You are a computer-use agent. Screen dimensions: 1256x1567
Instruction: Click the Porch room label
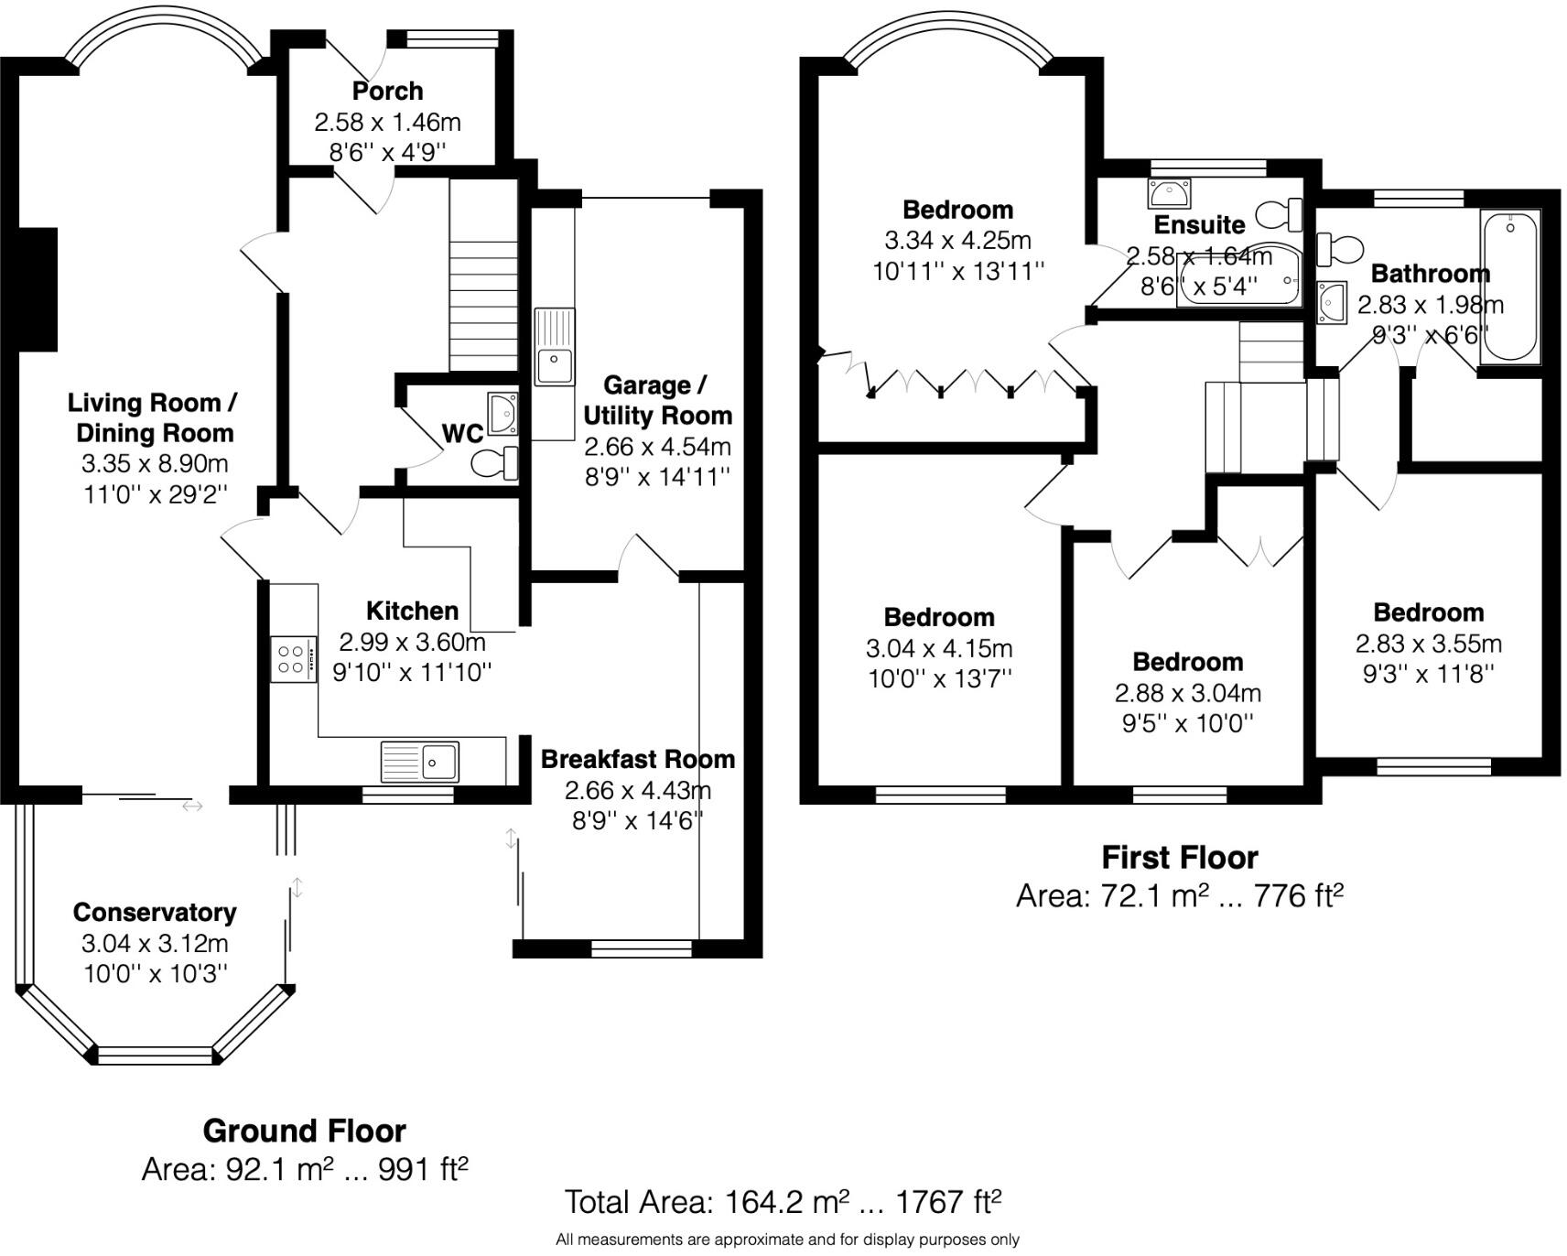pyautogui.click(x=387, y=91)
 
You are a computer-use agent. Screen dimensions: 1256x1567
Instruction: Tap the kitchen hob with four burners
pyautogui.click(x=293, y=659)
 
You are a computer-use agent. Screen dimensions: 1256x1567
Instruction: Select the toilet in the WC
pyautogui.click(x=495, y=463)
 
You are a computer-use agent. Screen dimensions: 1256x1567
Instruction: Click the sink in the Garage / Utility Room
pyautogui.click(x=555, y=365)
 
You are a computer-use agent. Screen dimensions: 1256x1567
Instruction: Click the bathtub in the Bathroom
pyautogui.click(x=1509, y=286)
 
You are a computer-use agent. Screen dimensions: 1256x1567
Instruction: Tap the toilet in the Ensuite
pyautogui.click(x=1281, y=215)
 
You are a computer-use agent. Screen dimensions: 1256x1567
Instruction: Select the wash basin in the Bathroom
pyautogui.click(x=1332, y=302)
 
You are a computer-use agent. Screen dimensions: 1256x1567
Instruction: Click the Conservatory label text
pyautogui.click(x=155, y=912)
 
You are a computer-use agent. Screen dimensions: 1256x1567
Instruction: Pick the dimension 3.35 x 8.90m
pyautogui.click(x=155, y=463)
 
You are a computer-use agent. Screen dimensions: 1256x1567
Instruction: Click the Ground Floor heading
pyautogui.click(x=304, y=1131)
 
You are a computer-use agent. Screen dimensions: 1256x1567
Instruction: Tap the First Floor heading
pyautogui.click(x=1179, y=858)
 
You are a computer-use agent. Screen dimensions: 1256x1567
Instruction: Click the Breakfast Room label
pyautogui.click(x=637, y=759)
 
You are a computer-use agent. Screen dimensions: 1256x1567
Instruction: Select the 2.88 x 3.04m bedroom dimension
pyautogui.click(x=1187, y=693)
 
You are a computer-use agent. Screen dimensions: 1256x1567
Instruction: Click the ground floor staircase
pyautogui.click(x=482, y=275)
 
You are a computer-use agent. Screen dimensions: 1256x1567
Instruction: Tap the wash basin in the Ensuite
pyautogui.click(x=1169, y=194)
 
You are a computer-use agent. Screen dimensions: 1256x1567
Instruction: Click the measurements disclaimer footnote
pyautogui.click(x=787, y=1240)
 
